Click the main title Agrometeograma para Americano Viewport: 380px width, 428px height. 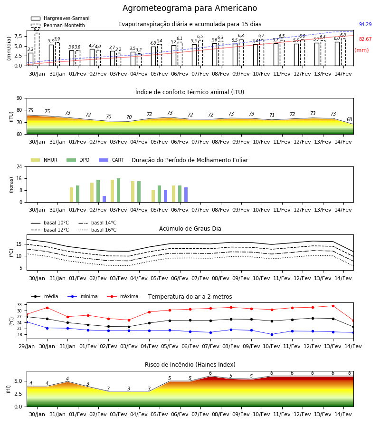[x=190, y=8]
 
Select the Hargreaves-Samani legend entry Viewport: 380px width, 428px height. [x=60, y=18]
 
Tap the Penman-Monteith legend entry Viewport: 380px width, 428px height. [x=58, y=25]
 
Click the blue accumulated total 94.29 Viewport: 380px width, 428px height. [x=365, y=24]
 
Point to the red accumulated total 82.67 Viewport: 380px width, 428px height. [x=365, y=39]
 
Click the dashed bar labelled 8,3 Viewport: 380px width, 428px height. [x=37, y=49]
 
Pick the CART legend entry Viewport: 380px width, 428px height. [x=112, y=160]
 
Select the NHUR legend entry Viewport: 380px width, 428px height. [x=44, y=160]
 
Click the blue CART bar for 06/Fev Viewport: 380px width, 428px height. [x=186, y=195]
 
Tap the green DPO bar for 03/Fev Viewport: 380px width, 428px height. [x=119, y=190]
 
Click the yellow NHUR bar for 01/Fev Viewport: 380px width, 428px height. [x=71, y=195]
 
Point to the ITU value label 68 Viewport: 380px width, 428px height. [x=349, y=119]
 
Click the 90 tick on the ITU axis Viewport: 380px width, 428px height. [x=19, y=98]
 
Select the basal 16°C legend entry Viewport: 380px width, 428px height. [x=97, y=230]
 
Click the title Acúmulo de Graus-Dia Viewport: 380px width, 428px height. [x=190, y=228]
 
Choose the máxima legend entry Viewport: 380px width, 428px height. [x=123, y=296]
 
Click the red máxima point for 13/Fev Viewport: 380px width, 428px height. [x=333, y=306]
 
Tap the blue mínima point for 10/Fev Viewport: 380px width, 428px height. [x=272, y=334]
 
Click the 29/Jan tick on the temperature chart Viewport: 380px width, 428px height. [x=27, y=346]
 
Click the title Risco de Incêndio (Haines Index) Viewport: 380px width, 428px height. [x=190, y=365]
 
